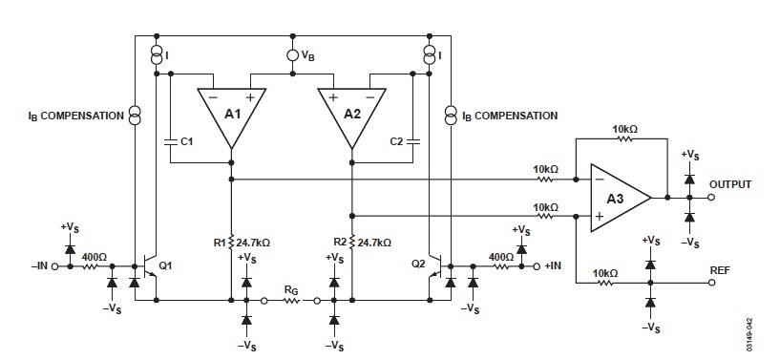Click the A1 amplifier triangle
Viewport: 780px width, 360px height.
231,113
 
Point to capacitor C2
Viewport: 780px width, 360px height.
411,140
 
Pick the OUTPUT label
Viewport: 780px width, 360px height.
731,184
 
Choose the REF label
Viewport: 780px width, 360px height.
722,270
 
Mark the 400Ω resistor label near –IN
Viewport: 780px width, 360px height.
95,255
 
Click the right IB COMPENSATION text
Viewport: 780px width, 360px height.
510,116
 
